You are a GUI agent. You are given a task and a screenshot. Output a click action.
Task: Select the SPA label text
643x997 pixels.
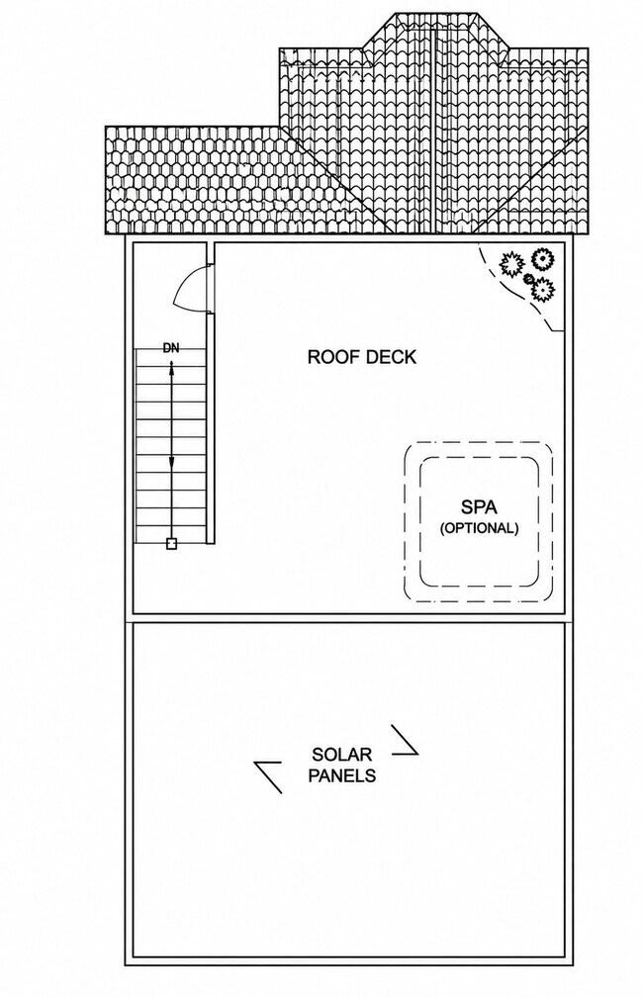[x=479, y=507]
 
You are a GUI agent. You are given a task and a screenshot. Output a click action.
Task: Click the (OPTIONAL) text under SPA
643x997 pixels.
[x=479, y=528]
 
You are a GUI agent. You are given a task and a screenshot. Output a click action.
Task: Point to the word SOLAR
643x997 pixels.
[x=341, y=755]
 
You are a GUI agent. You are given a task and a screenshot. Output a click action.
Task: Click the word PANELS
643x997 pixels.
[x=341, y=775]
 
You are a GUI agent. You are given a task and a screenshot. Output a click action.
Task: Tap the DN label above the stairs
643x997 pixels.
[x=171, y=348]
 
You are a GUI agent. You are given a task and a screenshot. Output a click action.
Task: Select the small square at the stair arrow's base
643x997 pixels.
[x=171, y=544]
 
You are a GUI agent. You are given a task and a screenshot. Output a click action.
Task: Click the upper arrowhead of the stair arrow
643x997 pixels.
[x=171, y=366]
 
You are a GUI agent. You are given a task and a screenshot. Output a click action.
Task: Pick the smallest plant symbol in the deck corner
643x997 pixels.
[x=528, y=279]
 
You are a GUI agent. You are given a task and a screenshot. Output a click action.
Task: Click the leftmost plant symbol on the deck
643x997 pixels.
[x=510, y=263]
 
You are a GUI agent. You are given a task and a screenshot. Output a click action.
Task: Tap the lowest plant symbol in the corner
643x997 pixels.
[x=542, y=289]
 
